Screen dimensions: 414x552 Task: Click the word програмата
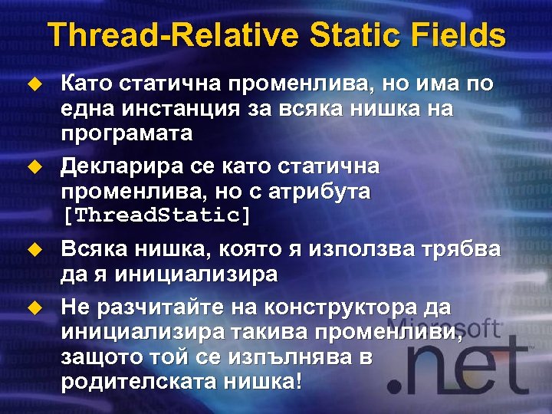coord(127,133)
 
